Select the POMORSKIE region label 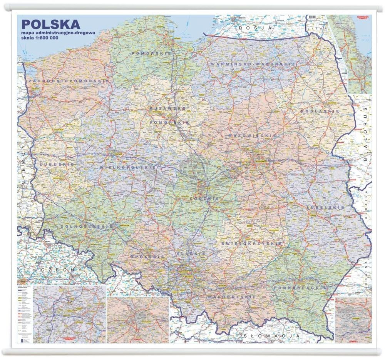pyautogui.click(x=151, y=53)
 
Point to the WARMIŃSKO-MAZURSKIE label pyautogui.click(x=253, y=63)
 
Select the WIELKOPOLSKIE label pyautogui.click(x=128, y=168)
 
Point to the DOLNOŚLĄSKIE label pyautogui.click(x=81, y=227)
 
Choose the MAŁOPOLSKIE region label pyautogui.click(x=231, y=297)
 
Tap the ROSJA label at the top pyautogui.click(x=255, y=28)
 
